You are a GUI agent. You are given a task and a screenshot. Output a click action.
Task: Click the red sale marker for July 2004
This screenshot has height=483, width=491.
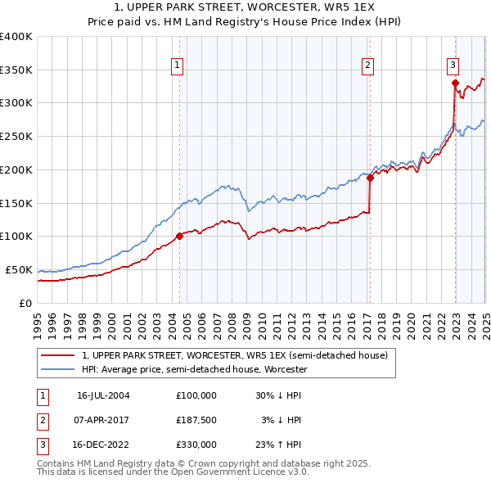(x=179, y=237)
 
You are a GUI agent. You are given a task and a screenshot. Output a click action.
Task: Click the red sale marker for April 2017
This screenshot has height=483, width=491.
(x=370, y=177)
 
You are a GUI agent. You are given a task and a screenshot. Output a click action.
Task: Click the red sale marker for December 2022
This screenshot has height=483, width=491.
(x=455, y=82)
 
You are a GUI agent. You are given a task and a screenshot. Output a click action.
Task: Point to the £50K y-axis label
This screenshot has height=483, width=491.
(x=18, y=269)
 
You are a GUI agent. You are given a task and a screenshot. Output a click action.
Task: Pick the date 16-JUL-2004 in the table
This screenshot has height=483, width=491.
(x=103, y=395)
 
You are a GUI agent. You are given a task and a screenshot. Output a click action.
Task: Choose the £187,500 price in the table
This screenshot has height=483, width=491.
(x=196, y=420)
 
